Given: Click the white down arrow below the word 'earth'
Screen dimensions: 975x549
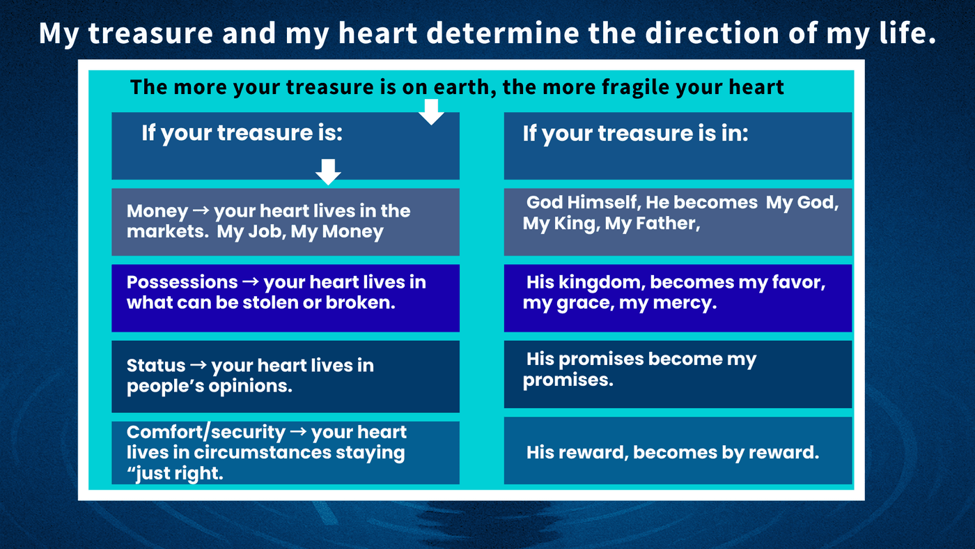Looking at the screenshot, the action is click(431, 112).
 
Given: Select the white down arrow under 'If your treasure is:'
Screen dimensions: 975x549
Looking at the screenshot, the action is click(328, 172).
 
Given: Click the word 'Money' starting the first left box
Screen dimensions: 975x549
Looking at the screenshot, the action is click(157, 212).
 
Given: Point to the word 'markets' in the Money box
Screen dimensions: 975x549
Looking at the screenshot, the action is click(166, 231).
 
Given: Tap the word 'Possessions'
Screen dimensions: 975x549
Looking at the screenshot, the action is click(182, 283).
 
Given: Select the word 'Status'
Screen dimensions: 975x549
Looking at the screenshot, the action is click(155, 365).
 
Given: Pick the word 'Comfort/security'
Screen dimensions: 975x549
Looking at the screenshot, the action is click(206, 433).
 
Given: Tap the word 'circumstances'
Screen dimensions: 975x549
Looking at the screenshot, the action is click(263, 452).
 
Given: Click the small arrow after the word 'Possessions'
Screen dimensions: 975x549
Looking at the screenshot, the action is click(250, 282).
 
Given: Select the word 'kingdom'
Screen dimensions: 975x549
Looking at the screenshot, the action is click(600, 283).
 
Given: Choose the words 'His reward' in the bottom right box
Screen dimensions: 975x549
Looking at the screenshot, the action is click(577, 453).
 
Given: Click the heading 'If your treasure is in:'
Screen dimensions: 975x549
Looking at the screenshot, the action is click(635, 133).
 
